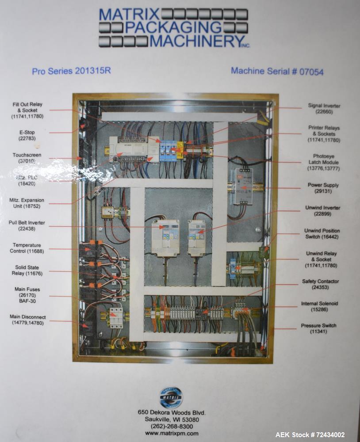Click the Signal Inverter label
point(324,109)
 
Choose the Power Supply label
point(323,188)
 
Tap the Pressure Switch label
point(318,328)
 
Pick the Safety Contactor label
point(320,284)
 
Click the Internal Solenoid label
point(319,307)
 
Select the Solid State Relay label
point(27,271)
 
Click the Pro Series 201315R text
point(71,71)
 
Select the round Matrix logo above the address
point(171,397)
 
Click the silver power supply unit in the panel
point(241,186)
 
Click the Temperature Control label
point(27,248)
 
